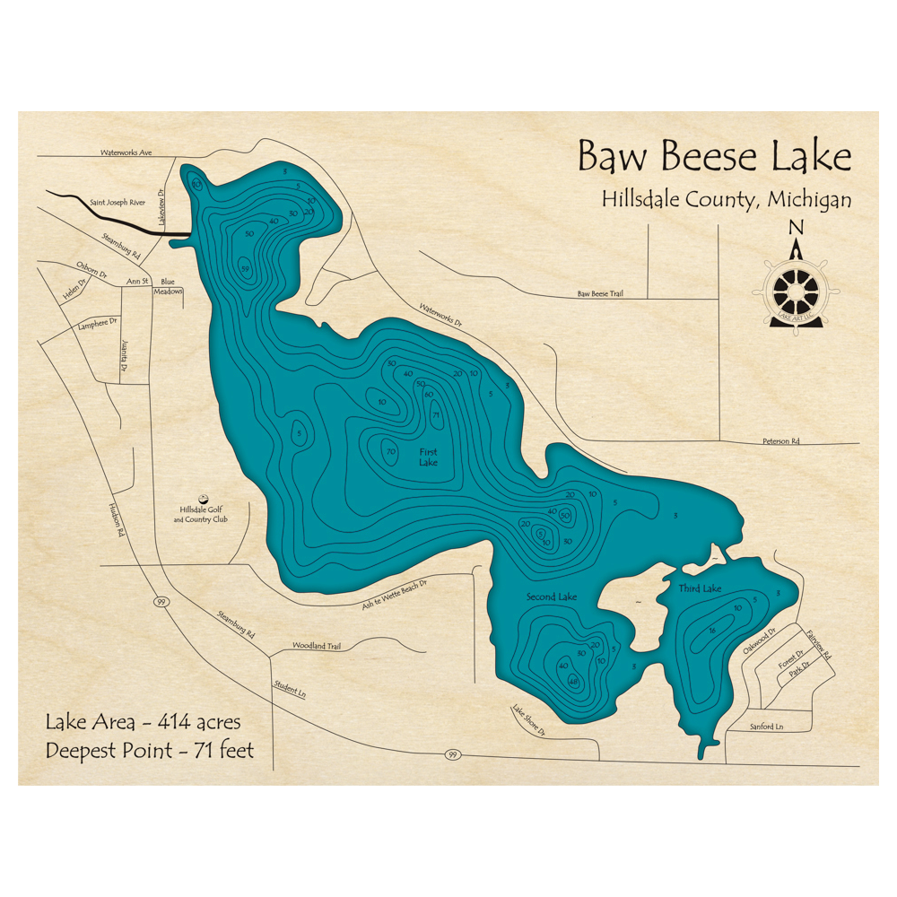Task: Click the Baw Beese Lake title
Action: [714, 156]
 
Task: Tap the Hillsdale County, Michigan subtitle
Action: [727, 200]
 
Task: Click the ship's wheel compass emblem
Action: [795, 290]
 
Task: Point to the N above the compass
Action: [795, 229]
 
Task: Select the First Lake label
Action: [429, 457]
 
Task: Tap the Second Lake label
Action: [552, 597]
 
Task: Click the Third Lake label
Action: [700, 588]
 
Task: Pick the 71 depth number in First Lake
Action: [436, 415]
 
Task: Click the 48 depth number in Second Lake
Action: [573, 680]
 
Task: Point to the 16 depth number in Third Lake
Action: [710, 631]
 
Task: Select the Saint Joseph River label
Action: [118, 203]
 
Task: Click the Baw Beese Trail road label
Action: [600, 293]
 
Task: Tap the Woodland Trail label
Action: [317, 646]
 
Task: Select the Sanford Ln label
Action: [766, 726]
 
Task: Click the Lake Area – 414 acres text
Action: [144, 720]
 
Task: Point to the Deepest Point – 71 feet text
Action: [150, 750]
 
